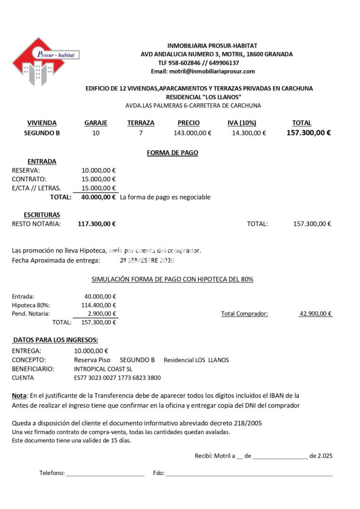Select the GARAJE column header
pos(96,123)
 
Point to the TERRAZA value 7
pos(140,133)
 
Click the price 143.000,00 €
pos(192,133)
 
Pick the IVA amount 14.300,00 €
pos(249,133)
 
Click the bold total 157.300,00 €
pos(308,133)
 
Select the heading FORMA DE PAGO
pos(172,153)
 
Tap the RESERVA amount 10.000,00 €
pos(99,170)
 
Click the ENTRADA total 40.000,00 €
pos(98,197)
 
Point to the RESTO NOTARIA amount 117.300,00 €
pos(97,224)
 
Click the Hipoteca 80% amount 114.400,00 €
pos(100,305)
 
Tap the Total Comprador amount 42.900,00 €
pos(316,313)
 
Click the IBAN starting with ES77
pos(117,378)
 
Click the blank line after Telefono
pos(105,473)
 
